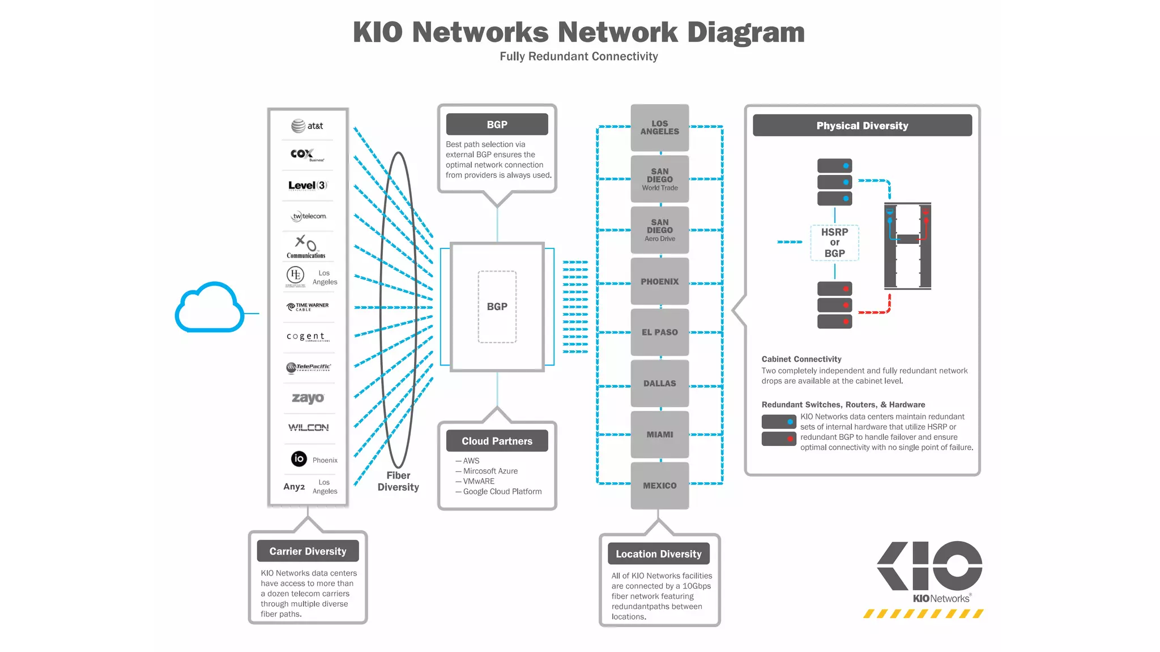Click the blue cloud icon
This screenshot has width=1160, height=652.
click(209, 308)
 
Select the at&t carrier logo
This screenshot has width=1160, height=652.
click(307, 126)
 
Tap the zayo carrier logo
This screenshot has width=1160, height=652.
click(308, 398)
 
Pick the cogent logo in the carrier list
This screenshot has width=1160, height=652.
click(307, 336)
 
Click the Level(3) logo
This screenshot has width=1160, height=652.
click(308, 186)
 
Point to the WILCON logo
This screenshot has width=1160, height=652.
click(308, 427)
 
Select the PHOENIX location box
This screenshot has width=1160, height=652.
click(659, 281)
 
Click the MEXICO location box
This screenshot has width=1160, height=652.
click(659, 486)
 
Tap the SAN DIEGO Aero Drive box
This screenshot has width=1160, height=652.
click(659, 230)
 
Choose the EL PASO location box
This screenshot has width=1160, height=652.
click(659, 332)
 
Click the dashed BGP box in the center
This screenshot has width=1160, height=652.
click(497, 307)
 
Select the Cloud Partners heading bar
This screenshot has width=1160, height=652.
click(497, 441)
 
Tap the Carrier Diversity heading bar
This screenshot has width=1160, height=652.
click(308, 551)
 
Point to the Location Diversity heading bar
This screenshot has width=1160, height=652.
click(658, 554)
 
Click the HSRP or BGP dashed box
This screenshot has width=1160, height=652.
click(834, 243)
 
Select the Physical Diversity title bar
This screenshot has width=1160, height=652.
click(862, 126)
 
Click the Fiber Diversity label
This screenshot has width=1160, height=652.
click(398, 481)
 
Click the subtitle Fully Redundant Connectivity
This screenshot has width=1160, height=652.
click(578, 57)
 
